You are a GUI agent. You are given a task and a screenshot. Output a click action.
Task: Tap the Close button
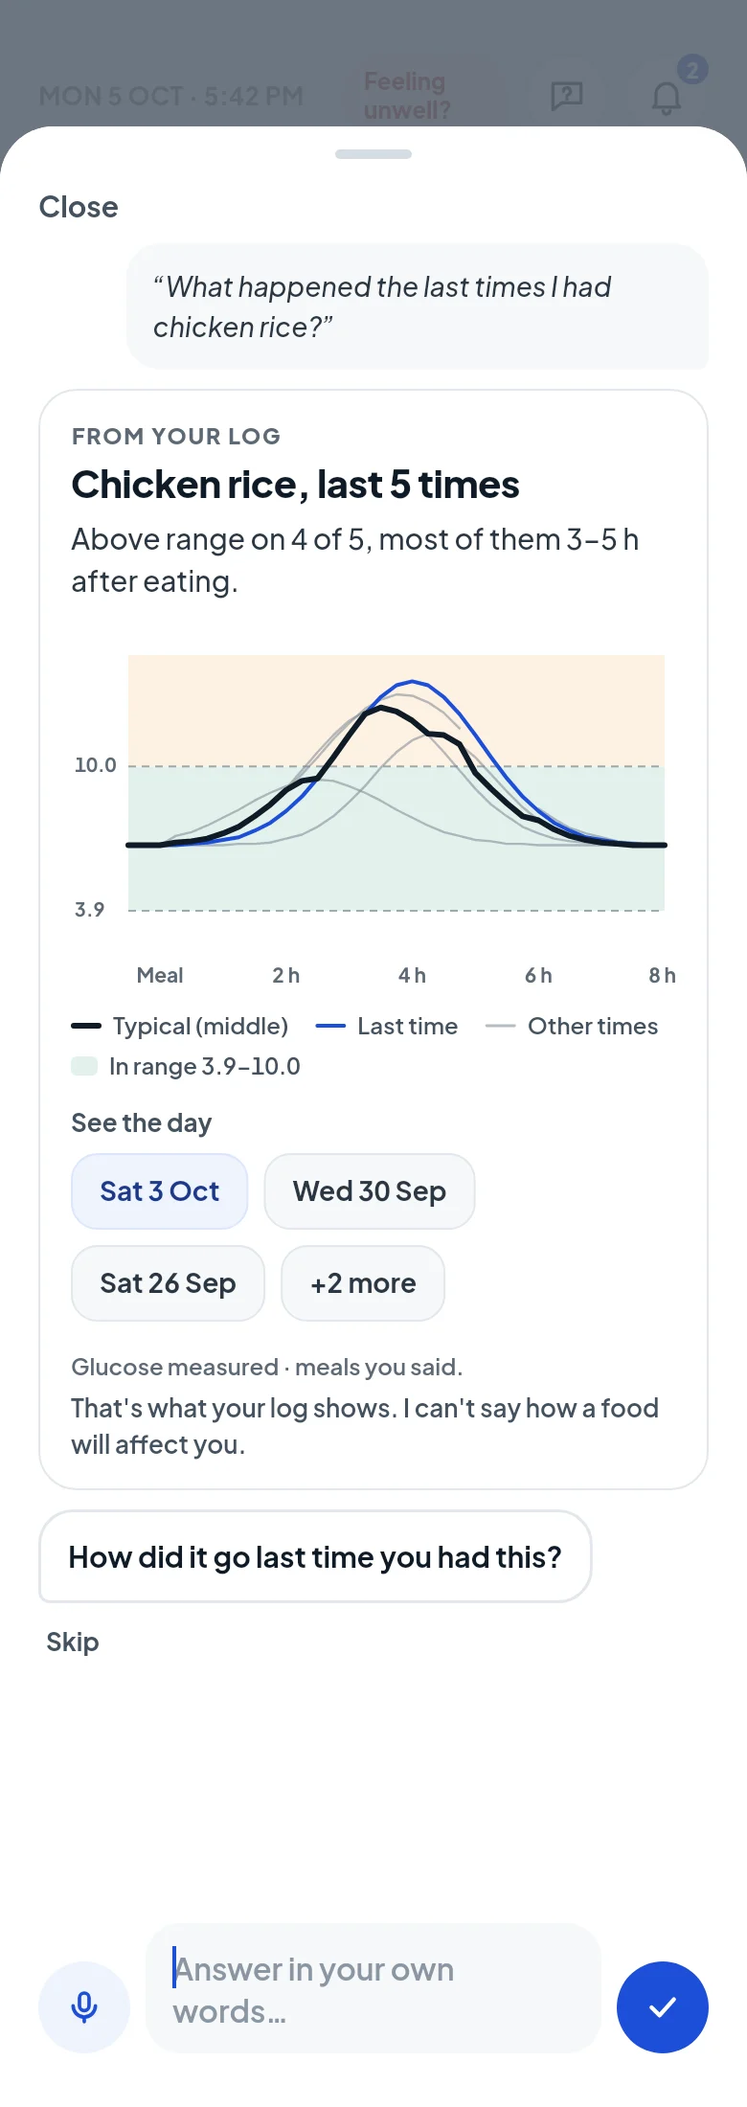click(x=79, y=207)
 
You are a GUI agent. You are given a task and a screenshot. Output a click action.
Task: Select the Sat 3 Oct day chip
click(x=160, y=1191)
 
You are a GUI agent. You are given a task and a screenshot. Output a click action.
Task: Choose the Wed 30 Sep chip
click(x=370, y=1191)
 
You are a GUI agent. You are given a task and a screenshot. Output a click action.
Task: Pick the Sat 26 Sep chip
click(x=168, y=1283)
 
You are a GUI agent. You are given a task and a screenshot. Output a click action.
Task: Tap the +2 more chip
click(x=363, y=1283)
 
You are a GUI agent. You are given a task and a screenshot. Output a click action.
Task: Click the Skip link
click(x=73, y=1642)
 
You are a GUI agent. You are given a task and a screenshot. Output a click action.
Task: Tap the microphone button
click(x=84, y=2006)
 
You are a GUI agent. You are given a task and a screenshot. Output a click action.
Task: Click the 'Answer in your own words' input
click(x=373, y=1988)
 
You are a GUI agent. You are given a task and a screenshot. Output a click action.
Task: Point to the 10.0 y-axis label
click(x=95, y=765)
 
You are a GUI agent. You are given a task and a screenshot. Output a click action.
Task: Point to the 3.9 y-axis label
click(x=89, y=910)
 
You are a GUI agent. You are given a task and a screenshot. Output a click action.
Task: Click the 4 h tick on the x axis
click(x=412, y=975)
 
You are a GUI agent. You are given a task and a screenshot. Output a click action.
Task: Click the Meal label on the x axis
click(x=160, y=975)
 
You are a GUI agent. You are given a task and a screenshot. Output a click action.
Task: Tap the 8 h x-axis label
click(x=662, y=975)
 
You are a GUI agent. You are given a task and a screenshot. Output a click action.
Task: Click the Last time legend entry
click(x=387, y=1027)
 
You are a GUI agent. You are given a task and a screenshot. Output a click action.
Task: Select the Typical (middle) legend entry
click(x=180, y=1027)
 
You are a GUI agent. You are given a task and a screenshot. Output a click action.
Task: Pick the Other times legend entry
click(x=572, y=1027)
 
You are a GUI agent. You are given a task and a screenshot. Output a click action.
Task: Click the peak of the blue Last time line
click(x=413, y=681)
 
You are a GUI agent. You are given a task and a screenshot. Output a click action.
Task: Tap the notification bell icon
click(x=667, y=97)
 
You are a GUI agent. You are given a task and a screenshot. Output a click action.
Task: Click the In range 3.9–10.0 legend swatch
click(x=84, y=1066)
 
